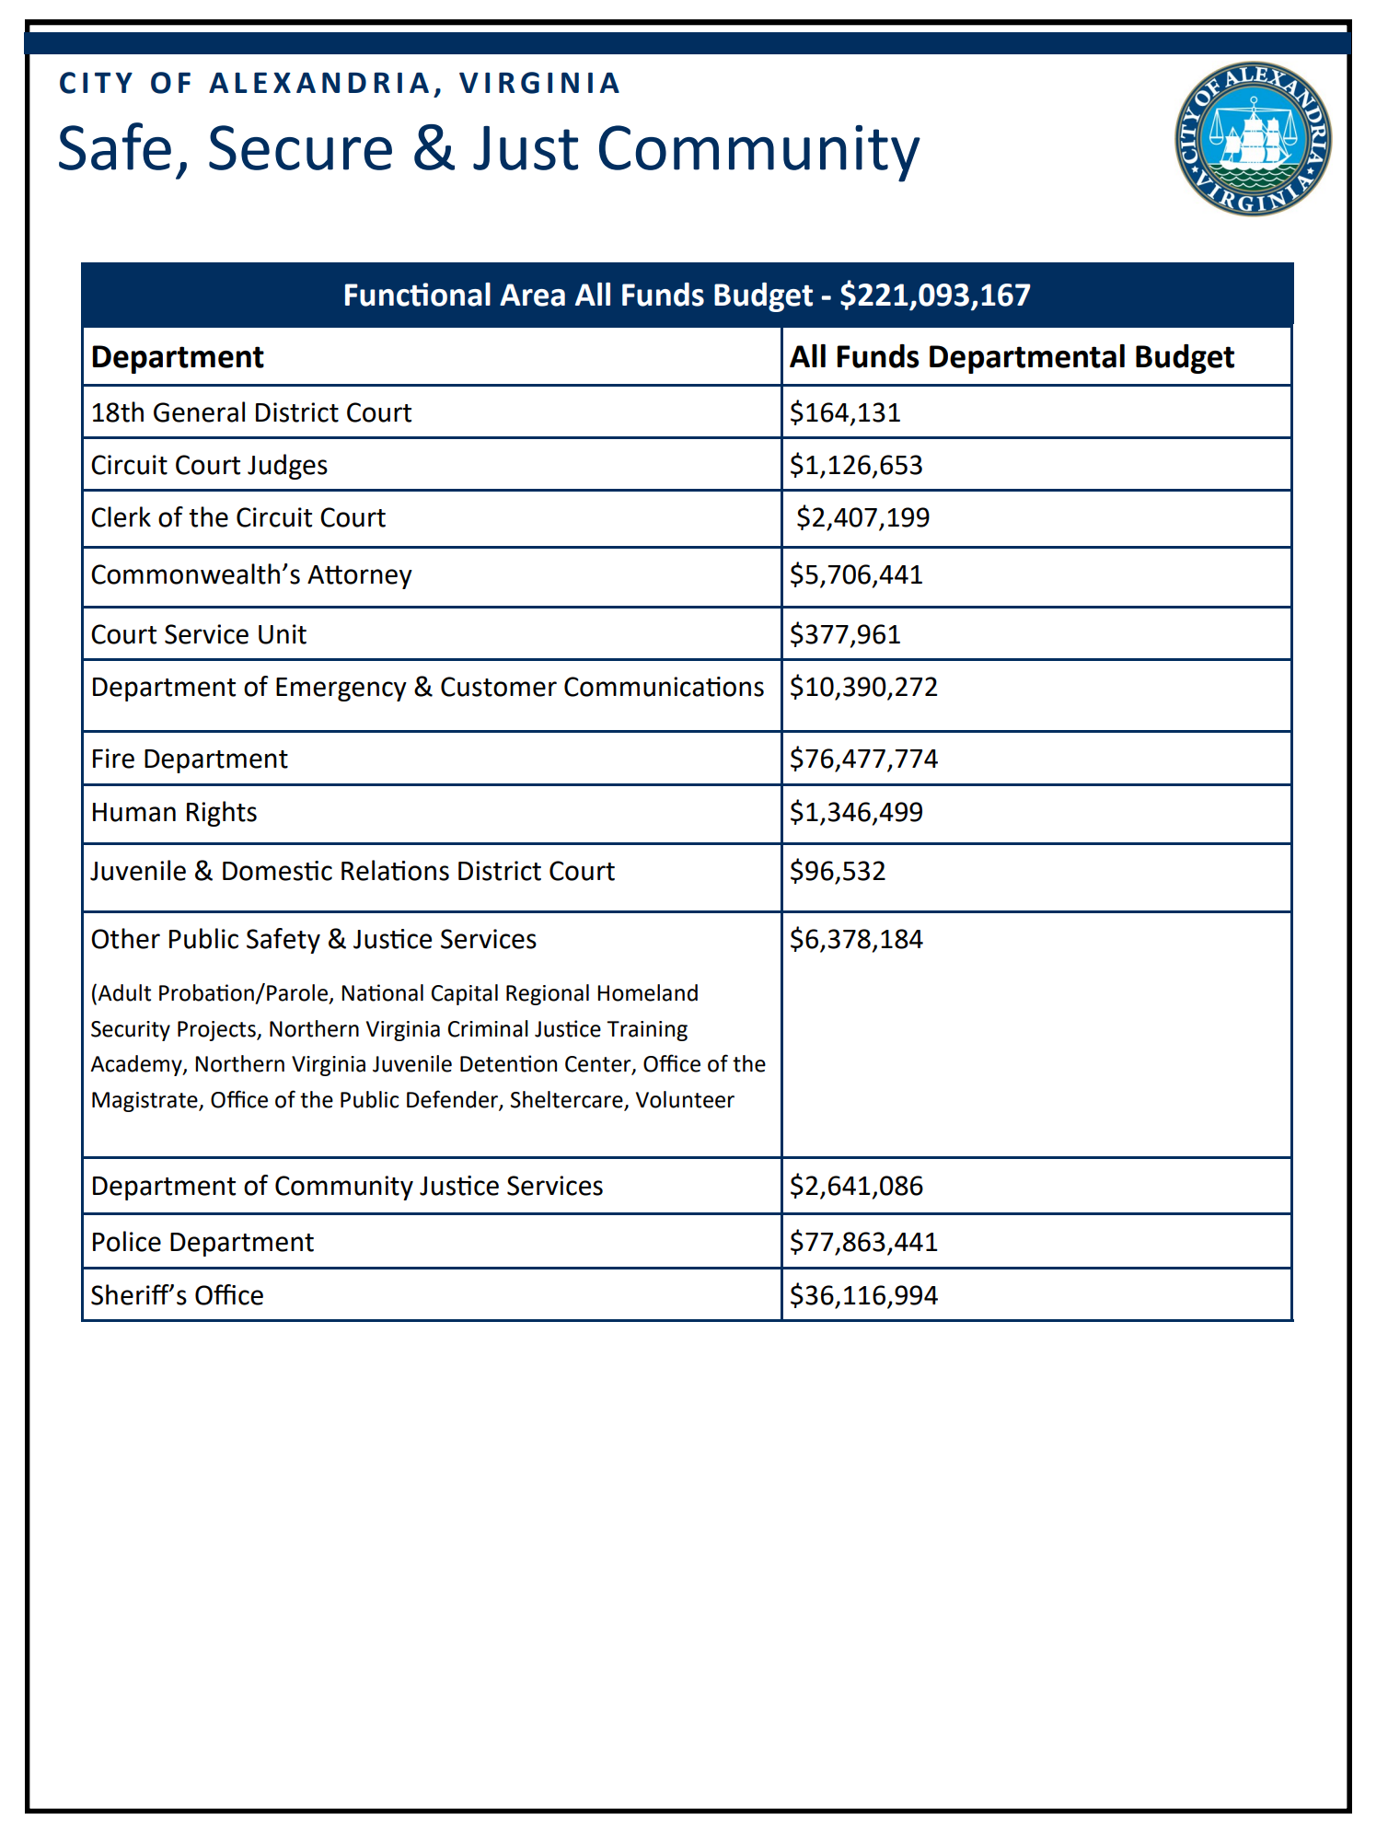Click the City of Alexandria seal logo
click(x=1253, y=139)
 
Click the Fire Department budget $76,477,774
click(x=863, y=759)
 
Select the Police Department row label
click(x=202, y=1242)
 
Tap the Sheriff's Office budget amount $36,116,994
click(x=863, y=1295)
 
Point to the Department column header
click(x=178, y=357)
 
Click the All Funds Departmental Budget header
click(x=1012, y=357)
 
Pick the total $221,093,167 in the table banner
click(x=935, y=296)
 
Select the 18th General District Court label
click(x=251, y=412)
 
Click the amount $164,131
click(x=845, y=412)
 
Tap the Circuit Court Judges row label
click(x=209, y=465)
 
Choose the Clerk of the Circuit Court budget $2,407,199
click(x=862, y=517)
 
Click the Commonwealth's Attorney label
click(x=251, y=574)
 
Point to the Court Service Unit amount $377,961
click(x=845, y=634)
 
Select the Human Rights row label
click(x=174, y=812)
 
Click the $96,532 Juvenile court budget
click(x=838, y=871)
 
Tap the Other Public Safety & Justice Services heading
click(x=314, y=939)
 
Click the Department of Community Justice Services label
click(x=347, y=1186)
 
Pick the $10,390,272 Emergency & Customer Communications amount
click(x=863, y=687)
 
